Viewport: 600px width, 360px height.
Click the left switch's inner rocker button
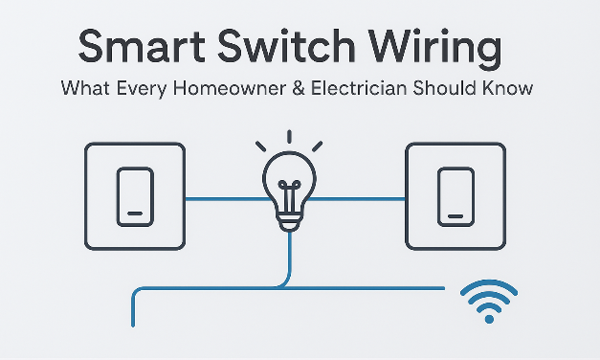(134, 196)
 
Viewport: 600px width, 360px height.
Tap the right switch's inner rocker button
(454, 196)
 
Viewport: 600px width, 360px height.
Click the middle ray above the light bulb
(288, 138)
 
